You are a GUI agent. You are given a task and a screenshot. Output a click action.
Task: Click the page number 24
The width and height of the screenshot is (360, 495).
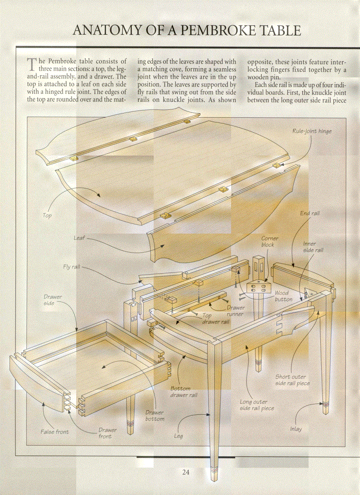(186, 473)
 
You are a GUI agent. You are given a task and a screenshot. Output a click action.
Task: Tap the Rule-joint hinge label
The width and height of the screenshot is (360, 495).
(312, 131)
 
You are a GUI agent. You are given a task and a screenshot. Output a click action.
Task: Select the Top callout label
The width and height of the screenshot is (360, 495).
(47, 216)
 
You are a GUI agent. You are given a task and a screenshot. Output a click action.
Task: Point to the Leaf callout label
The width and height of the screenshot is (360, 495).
(79, 238)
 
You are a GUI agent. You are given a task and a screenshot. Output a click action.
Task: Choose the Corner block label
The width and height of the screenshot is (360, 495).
(270, 242)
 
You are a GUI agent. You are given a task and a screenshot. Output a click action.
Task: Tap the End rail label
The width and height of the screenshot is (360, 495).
(310, 213)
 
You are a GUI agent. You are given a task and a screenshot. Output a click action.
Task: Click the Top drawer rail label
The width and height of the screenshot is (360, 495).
(215, 319)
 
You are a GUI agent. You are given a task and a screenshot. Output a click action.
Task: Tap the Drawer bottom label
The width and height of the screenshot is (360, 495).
(154, 416)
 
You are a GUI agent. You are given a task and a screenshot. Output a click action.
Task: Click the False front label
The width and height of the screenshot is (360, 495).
(55, 432)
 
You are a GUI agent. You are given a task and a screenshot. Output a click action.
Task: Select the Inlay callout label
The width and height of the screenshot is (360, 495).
(296, 429)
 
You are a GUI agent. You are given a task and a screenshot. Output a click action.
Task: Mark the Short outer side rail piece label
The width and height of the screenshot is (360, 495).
(292, 380)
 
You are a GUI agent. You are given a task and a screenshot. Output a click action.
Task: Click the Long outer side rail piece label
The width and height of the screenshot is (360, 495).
(257, 405)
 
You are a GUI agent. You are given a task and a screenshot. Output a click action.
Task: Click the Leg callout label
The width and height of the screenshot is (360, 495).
(178, 436)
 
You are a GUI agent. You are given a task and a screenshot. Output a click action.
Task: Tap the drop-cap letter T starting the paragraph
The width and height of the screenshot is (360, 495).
(31, 65)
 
